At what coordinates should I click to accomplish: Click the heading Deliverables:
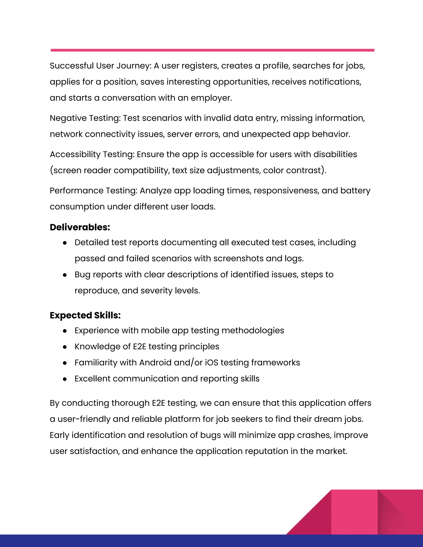[x=80, y=227]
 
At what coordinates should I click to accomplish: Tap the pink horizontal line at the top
[x=212, y=50]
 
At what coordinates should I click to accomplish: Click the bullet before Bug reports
[x=65, y=275]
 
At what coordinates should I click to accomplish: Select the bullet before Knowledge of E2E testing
[x=65, y=347]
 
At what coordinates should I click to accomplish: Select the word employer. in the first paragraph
[x=211, y=98]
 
